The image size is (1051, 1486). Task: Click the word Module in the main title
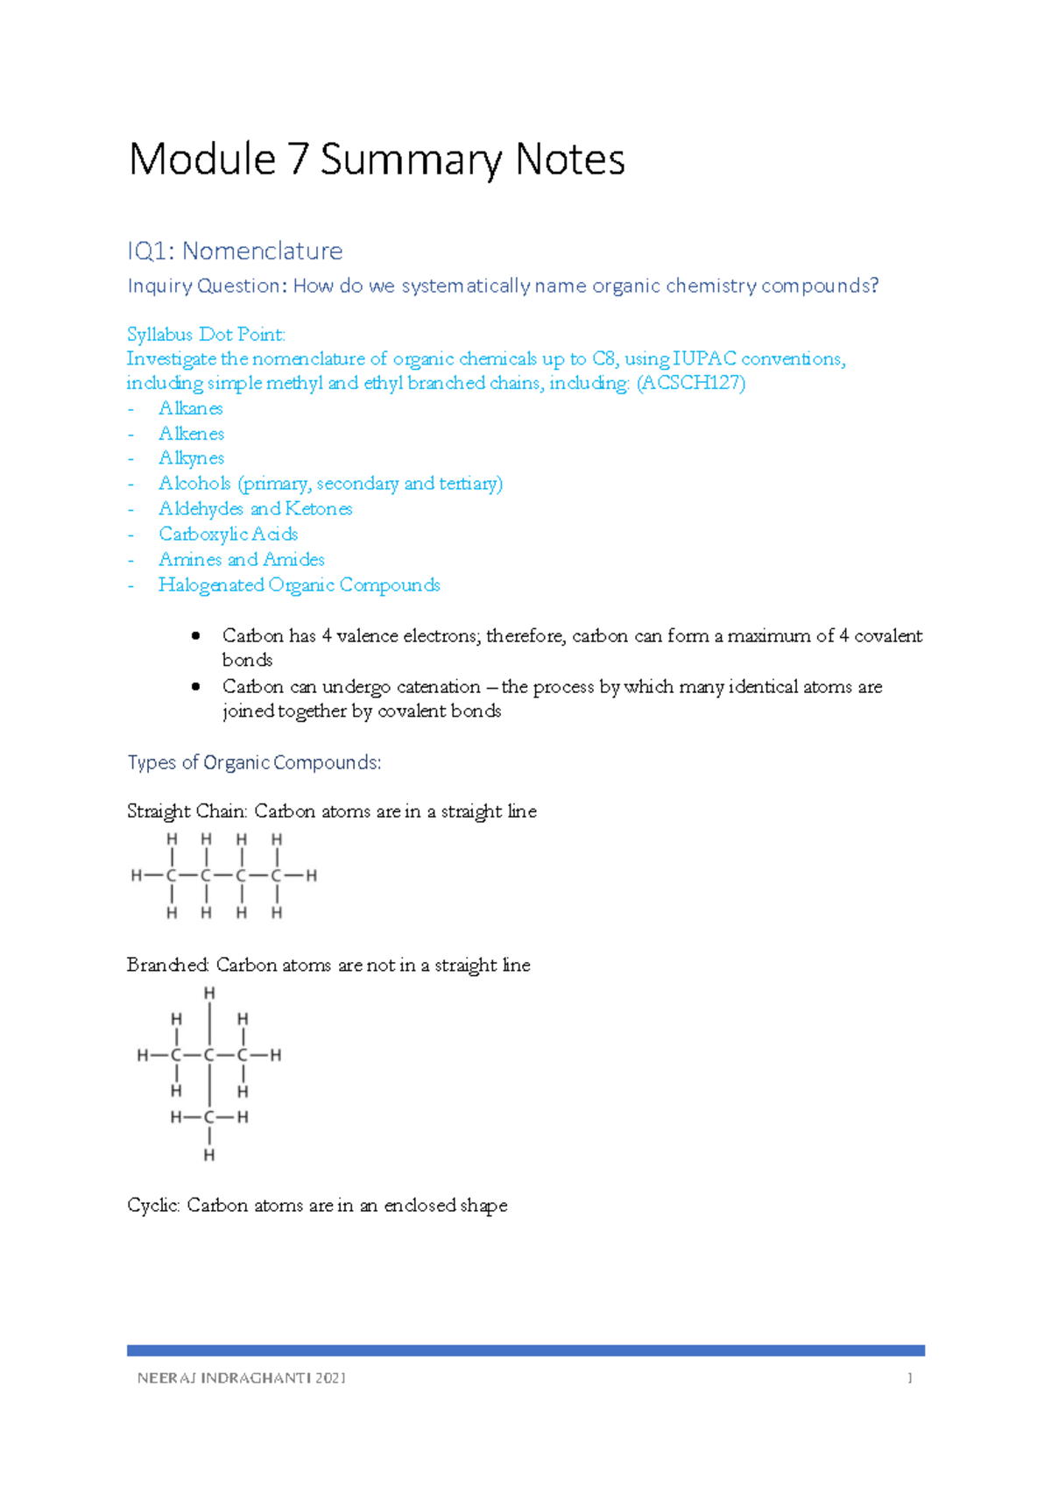(x=202, y=160)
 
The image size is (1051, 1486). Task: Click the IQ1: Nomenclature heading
(x=235, y=251)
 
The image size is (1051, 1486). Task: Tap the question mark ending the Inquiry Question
(x=873, y=286)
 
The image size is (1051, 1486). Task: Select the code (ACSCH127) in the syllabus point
(x=691, y=383)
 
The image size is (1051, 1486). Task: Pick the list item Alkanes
(x=191, y=408)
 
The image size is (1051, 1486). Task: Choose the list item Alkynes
(x=191, y=458)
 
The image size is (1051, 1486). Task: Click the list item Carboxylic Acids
(x=228, y=534)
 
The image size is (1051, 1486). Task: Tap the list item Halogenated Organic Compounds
(x=299, y=585)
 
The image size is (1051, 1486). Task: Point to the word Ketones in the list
(x=319, y=509)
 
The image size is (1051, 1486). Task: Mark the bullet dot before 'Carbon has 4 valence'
(x=196, y=636)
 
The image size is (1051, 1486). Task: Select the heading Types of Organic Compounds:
(x=254, y=763)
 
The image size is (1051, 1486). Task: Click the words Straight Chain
(x=186, y=812)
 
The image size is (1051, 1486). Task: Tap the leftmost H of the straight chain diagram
(x=136, y=875)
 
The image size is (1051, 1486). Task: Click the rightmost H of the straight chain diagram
(x=312, y=875)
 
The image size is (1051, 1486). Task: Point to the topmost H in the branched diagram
(x=209, y=993)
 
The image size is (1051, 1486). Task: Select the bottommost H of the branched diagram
(x=209, y=1156)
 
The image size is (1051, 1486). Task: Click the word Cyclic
(x=153, y=1206)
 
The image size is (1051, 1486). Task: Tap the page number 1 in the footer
(x=910, y=1378)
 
